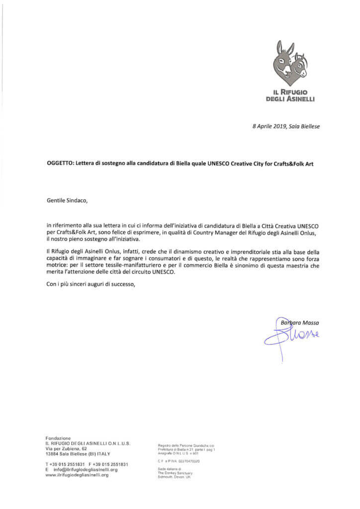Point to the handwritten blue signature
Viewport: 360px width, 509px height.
(x=288, y=338)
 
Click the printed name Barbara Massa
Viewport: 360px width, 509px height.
(x=300, y=323)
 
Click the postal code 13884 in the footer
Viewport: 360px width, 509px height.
(x=53, y=454)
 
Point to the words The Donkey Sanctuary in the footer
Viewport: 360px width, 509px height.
(x=174, y=473)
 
